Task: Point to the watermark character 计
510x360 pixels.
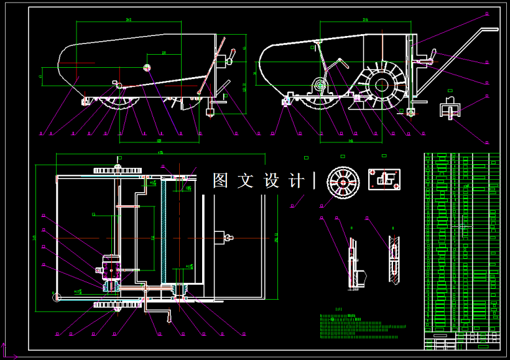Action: point(297,180)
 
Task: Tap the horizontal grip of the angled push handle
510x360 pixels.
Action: point(488,29)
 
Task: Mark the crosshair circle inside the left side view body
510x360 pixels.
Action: point(147,67)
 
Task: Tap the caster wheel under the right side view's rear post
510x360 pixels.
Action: point(411,111)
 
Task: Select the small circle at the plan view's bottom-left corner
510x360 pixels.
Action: point(55,297)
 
